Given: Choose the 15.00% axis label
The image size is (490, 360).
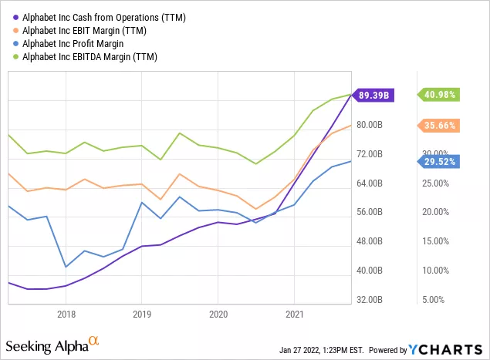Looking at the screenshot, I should (x=433, y=241).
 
